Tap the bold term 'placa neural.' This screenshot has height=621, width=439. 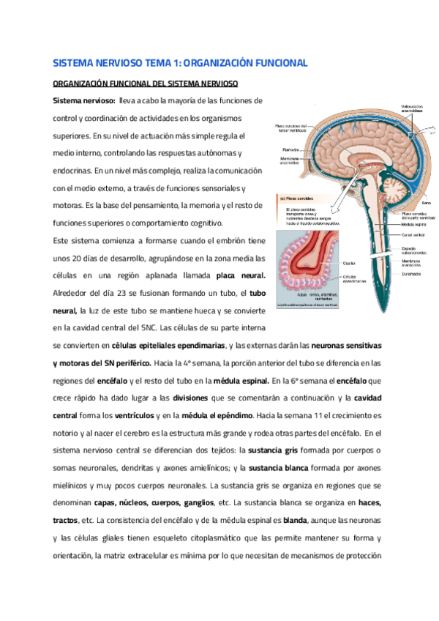pos(240,275)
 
